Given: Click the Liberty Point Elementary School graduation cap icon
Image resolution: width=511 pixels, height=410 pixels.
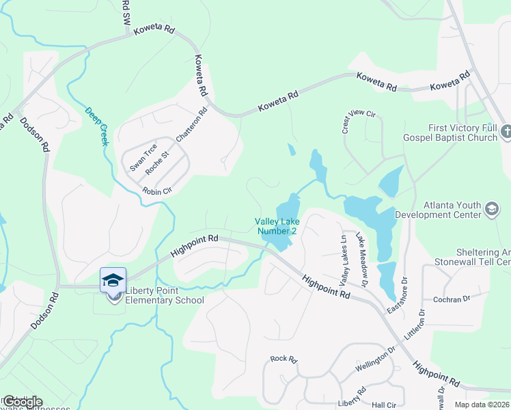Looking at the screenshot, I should [113, 280].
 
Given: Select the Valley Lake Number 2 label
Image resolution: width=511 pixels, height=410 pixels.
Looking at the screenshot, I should [276, 226].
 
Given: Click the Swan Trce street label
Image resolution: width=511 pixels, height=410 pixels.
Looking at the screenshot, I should [143, 156].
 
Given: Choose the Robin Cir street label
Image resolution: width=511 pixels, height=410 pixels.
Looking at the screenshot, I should [156, 192].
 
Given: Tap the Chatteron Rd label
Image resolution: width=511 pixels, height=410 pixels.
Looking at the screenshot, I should [191, 124].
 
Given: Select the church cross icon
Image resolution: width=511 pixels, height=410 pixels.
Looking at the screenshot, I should [506, 131].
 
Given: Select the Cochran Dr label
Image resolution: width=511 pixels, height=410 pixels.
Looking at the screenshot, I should [452, 299].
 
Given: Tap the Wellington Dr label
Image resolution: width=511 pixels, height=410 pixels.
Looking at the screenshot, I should [375, 359].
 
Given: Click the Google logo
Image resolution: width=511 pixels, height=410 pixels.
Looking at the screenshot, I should [22, 402].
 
